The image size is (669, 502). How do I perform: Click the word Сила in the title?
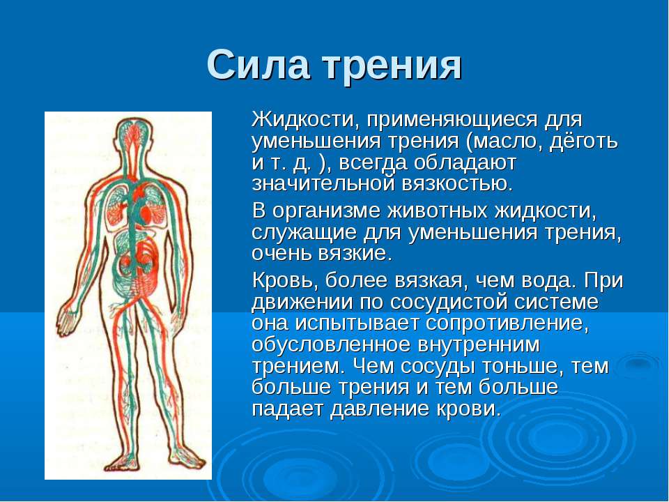(258, 65)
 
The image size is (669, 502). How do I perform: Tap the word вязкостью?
(457, 184)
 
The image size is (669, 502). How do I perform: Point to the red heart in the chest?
(142, 210)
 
